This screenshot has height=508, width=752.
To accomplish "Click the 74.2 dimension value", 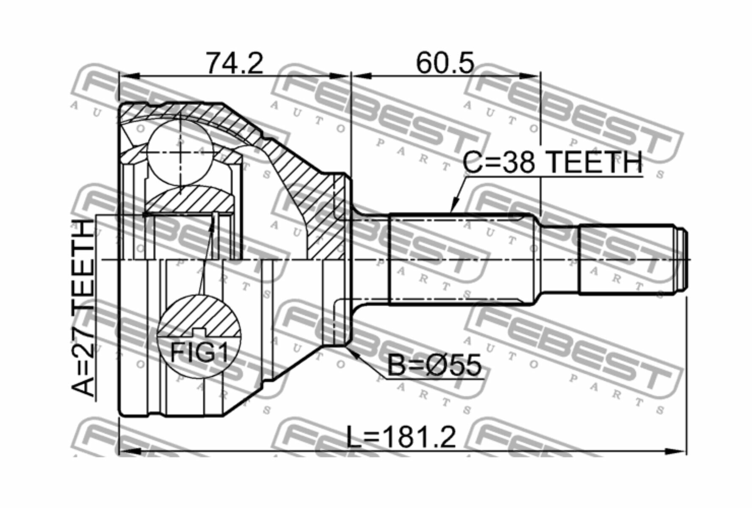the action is tap(234, 63).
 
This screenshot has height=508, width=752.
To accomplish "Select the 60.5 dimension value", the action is tap(445, 63).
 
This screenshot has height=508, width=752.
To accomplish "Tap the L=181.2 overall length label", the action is tap(401, 437).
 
